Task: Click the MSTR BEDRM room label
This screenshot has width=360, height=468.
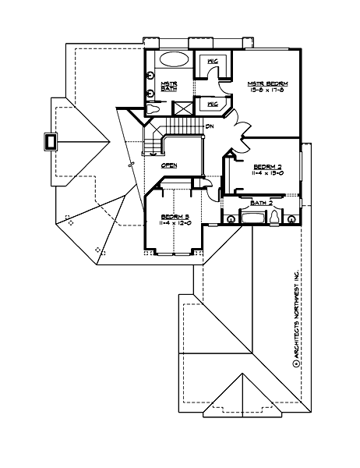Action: [x=266, y=83]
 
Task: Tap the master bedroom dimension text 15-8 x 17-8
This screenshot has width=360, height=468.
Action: [x=266, y=91]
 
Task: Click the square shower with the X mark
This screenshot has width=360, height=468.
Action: [x=185, y=109]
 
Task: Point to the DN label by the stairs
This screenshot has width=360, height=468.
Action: [x=210, y=126]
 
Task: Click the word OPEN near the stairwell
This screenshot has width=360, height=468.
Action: [x=169, y=165]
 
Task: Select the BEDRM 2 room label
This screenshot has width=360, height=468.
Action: [x=268, y=165]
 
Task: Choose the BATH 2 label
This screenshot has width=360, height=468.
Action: [x=260, y=203]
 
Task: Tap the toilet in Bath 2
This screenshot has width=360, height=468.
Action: [x=276, y=216]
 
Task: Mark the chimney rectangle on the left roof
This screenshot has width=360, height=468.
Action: [x=51, y=141]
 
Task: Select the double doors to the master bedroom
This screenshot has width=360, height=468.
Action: [x=238, y=125]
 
